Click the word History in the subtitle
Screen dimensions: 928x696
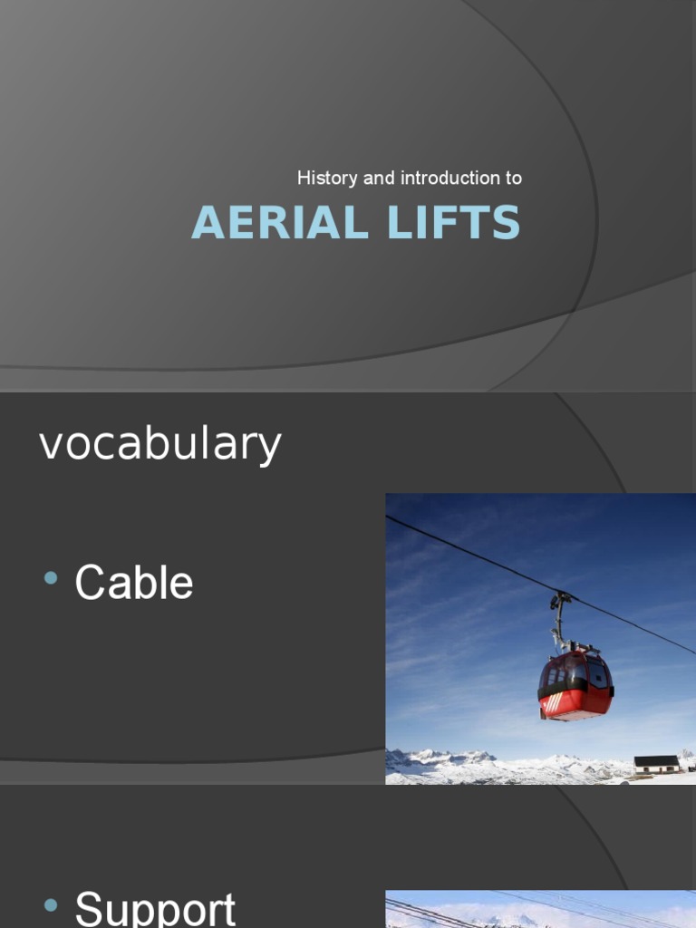click(x=327, y=179)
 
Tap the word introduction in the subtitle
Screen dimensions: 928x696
click(x=444, y=179)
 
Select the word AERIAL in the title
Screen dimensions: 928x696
click(x=275, y=223)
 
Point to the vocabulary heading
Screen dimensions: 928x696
click(x=160, y=444)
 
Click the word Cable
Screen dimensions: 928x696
click(x=134, y=583)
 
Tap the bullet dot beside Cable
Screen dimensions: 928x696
click(x=51, y=578)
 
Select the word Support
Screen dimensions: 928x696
click(x=155, y=909)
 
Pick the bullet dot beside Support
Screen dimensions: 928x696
click(x=51, y=904)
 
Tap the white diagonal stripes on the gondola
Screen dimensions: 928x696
click(x=552, y=701)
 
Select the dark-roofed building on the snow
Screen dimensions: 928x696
click(x=656, y=764)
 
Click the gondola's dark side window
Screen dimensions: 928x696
click(x=596, y=674)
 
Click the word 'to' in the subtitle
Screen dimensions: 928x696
click(x=514, y=179)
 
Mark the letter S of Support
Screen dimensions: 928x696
click(x=89, y=909)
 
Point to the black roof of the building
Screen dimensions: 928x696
click(x=656, y=759)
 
